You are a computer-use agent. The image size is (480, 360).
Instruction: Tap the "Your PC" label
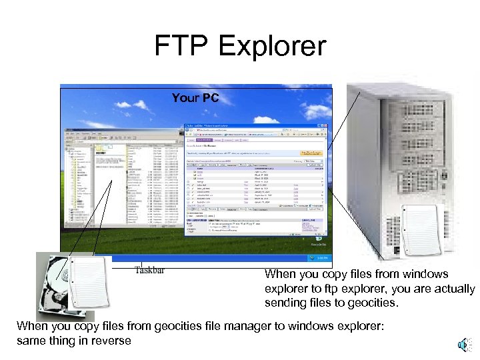(195, 98)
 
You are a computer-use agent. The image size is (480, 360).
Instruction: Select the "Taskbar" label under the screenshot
(149, 270)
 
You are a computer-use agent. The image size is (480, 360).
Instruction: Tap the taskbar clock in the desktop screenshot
(321, 257)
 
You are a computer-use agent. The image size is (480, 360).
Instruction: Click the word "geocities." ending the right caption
(375, 303)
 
